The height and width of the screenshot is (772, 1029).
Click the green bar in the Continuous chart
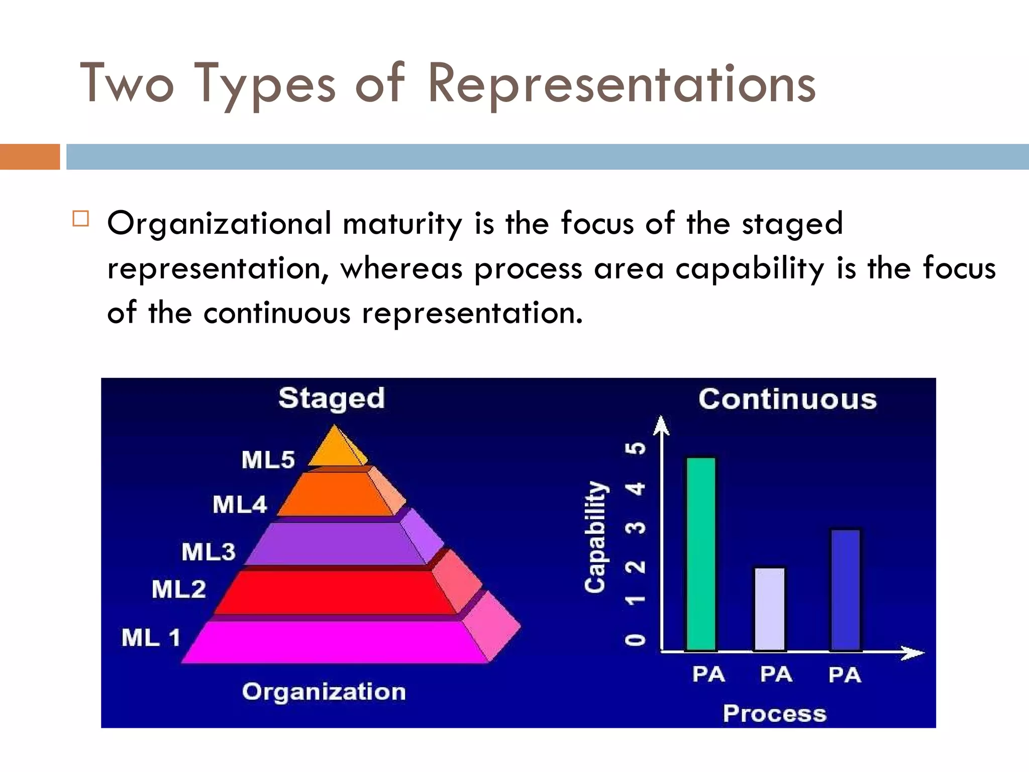point(701,553)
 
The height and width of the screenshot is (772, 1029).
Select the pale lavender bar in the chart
point(769,608)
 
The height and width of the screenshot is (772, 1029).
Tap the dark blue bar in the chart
point(846,589)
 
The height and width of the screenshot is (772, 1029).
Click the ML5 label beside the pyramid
point(268,460)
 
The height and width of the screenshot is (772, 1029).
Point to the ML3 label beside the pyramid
point(208,552)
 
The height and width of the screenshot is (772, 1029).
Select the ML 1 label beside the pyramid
point(151,638)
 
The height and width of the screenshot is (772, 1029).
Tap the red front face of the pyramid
point(334,592)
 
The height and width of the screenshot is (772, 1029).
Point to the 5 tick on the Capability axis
point(636,448)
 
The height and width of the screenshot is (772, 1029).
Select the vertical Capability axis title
point(596,536)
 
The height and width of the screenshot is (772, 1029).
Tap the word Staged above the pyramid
point(332,399)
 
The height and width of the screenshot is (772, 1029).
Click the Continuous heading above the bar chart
point(787,400)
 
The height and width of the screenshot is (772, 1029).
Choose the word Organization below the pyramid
point(324,692)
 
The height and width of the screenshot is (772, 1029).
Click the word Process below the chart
point(774,714)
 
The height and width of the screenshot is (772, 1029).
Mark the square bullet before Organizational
point(81,219)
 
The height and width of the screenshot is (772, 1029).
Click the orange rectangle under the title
point(30,156)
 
